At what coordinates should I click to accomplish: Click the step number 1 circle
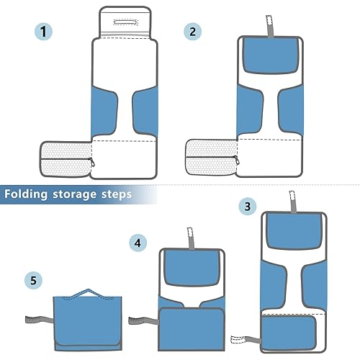[x=45, y=32]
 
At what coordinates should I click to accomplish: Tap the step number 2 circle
[x=192, y=32]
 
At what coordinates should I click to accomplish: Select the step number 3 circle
[x=247, y=207]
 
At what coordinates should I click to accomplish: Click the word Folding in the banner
[x=31, y=194]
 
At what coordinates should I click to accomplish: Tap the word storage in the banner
[x=81, y=194]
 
